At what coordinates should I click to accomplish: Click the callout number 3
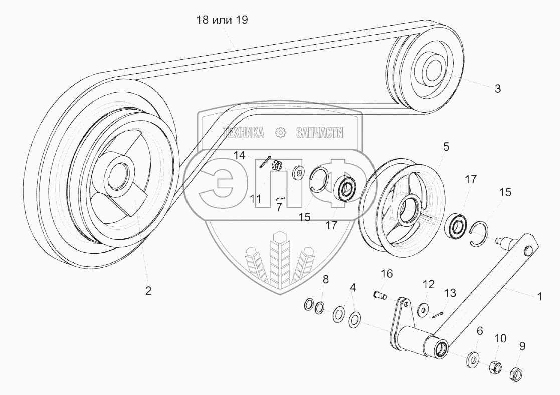497,89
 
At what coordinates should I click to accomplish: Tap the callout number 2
148,291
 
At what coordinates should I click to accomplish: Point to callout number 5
446,147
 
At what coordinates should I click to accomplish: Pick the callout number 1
539,297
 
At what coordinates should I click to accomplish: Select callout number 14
239,155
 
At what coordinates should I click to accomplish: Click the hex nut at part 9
516,373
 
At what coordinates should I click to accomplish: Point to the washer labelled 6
473,359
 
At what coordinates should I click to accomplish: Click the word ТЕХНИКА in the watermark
244,132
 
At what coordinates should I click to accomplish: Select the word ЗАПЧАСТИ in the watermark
320,132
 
